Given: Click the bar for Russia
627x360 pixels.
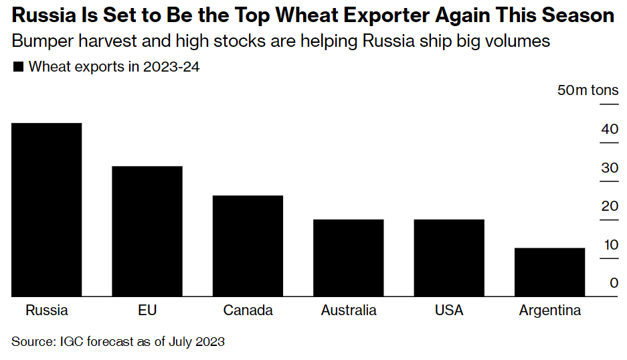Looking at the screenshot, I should pos(46,209).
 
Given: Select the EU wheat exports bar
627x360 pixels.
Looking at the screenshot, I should pos(147,231).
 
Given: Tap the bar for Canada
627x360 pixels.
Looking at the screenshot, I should pos(248,246).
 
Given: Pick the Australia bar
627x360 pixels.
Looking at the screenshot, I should pos(348,258).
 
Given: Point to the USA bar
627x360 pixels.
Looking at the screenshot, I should pos(448,258).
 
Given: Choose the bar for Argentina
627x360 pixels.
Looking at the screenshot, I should pos(549,272).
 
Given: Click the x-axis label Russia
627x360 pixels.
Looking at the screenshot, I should pos(47,310).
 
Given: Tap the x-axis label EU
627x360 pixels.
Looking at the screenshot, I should pos(147,310).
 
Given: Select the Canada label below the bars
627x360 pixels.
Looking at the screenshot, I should pos(248,310).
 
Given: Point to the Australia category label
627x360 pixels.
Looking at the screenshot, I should pos(349,310).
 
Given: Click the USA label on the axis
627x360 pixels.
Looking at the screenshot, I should pos(449,310).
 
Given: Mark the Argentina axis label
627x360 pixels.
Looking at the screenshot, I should pos(550,310).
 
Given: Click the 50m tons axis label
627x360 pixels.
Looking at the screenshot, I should pos(588,90).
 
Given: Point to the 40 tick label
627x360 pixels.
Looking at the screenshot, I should pos(609,129).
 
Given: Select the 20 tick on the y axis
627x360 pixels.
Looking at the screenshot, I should pos(609,206).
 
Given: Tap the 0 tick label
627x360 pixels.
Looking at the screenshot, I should pos(613,283).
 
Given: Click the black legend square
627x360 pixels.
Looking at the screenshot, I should pos(18,67).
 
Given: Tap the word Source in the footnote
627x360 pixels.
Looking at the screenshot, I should pos(31,341).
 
